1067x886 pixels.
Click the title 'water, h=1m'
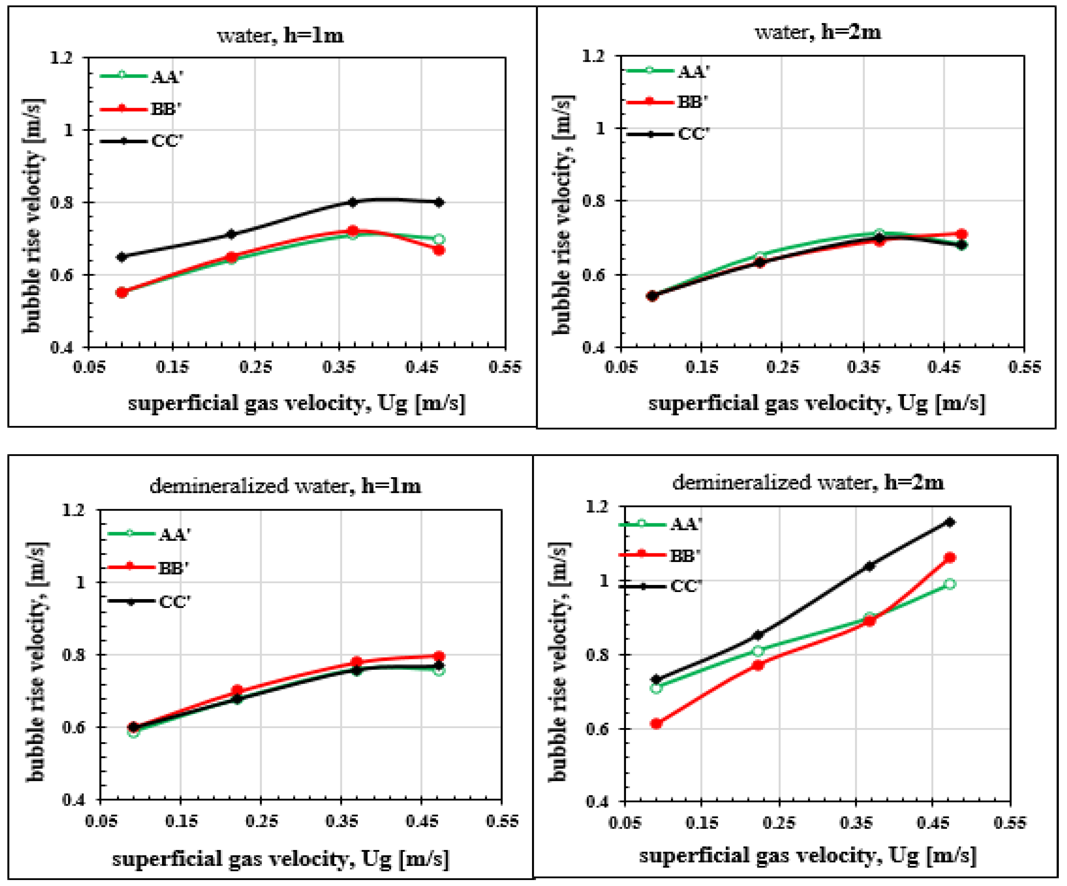(280, 36)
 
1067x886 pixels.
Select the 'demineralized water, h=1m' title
(285, 486)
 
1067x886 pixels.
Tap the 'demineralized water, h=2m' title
(808, 482)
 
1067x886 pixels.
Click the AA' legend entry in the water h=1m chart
(142, 76)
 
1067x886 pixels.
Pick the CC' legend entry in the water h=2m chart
(668, 134)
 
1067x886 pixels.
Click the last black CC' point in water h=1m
(439, 202)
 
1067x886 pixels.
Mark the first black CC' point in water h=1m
(121, 257)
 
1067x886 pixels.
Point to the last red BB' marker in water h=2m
(961, 234)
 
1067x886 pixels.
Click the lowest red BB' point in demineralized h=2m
(656, 723)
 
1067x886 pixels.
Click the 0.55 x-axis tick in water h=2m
(1024, 367)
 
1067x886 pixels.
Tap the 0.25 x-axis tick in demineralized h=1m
(261, 821)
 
